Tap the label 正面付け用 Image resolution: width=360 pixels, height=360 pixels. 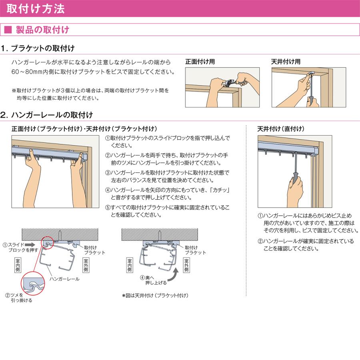tap(200, 62)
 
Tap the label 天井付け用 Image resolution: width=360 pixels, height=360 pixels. tap(286, 62)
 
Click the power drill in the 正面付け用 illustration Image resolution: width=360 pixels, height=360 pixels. tap(226, 83)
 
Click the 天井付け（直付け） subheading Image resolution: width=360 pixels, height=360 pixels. tap(280, 129)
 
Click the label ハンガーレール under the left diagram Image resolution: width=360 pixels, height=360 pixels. tap(64, 278)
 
